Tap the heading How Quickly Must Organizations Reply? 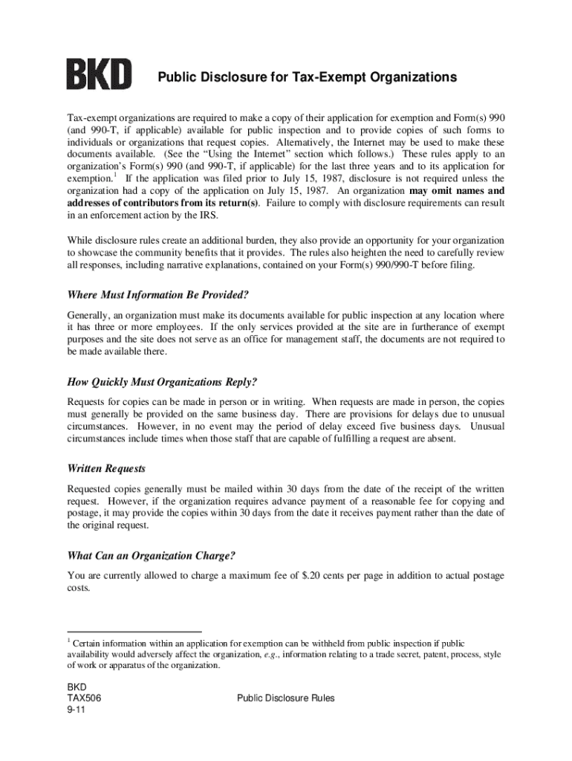(162, 382)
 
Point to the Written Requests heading (106, 469)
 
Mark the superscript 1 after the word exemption (114, 176)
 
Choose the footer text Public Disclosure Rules (285, 699)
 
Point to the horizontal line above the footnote (134, 632)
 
